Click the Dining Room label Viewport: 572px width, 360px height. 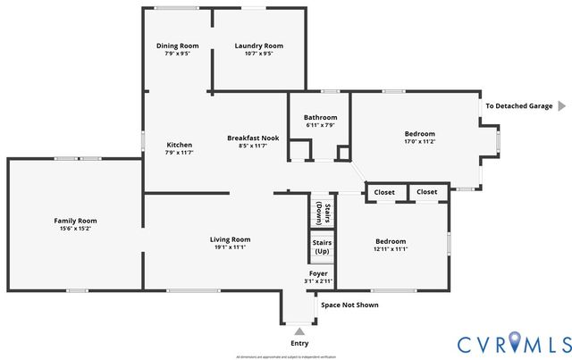(177, 46)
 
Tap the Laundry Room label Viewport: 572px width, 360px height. (258, 46)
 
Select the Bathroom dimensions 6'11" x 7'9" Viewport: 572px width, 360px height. (320, 125)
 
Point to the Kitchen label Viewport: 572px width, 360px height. (180, 145)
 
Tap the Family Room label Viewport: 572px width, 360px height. (75, 221)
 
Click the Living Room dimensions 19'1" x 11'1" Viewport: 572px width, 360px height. (230, 247)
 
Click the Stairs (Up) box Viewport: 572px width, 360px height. (322, 246)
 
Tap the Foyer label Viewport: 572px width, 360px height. (318, 273)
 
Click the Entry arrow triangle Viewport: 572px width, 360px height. (299, 331)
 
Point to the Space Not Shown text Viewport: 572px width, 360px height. (349, 305)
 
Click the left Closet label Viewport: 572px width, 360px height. (384, 192)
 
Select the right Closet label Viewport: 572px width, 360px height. (427, 192)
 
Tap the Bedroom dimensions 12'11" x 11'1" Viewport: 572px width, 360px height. (391, 249)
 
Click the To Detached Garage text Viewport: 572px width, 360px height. (518, 105)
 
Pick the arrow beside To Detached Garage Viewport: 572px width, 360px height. (562, 105)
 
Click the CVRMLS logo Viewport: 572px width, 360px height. (514, 343)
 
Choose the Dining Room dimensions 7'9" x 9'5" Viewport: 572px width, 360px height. (177, 54)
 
